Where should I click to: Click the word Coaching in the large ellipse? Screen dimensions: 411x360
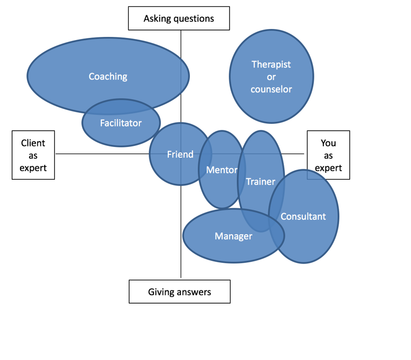[x=108, y=76]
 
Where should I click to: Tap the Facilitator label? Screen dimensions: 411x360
[x=121, y=123]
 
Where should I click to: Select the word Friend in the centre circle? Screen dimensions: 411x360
[x=180, y=154]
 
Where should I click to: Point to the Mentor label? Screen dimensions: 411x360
[x=222, y=170]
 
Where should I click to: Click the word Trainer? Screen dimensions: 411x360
[x=261, y=182]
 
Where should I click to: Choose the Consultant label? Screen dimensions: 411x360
[x=303, y=217]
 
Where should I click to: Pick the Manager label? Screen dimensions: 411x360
[x=234, y=236]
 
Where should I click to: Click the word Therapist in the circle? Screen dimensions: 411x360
[x=271, y=64]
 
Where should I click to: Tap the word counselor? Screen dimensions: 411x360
[x=271, y=89]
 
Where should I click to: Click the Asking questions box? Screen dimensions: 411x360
[x=179, y=18]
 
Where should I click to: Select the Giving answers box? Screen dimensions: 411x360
[x=179, y=291]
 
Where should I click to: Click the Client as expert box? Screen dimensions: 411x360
[x=33, y=155]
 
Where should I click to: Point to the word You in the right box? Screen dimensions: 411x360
[x=328, y=143]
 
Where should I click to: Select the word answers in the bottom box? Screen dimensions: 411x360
[x=194, y=292]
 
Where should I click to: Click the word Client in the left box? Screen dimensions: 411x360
[x=33, y=143]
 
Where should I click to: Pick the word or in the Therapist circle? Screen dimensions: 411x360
[x=271, y=77]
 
